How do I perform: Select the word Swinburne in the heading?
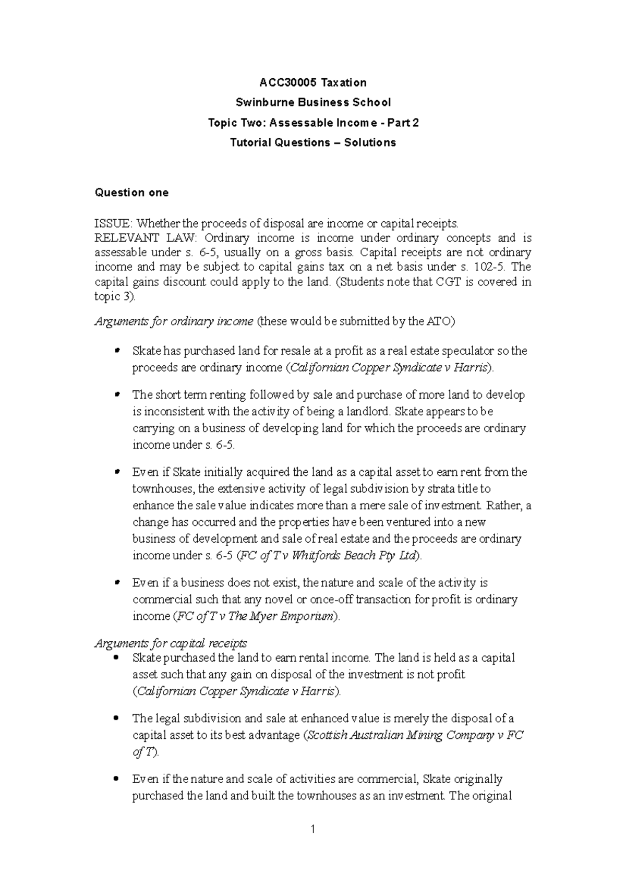coord(261,102)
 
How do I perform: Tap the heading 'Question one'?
coord(131,193)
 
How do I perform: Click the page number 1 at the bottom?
coord(313,829)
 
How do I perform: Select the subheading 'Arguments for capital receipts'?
coord(171,643)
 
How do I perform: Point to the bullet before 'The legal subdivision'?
coord(116,719)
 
